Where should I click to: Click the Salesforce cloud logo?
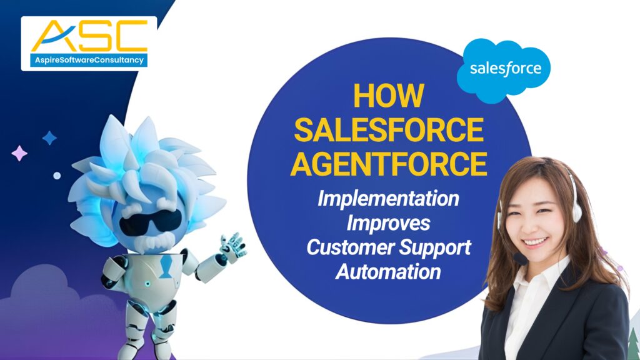(x=503, y=67)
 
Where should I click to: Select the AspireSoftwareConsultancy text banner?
(x=88, y=60)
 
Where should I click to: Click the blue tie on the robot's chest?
(x=164, y=265)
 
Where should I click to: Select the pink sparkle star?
(x=19, y=152)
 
